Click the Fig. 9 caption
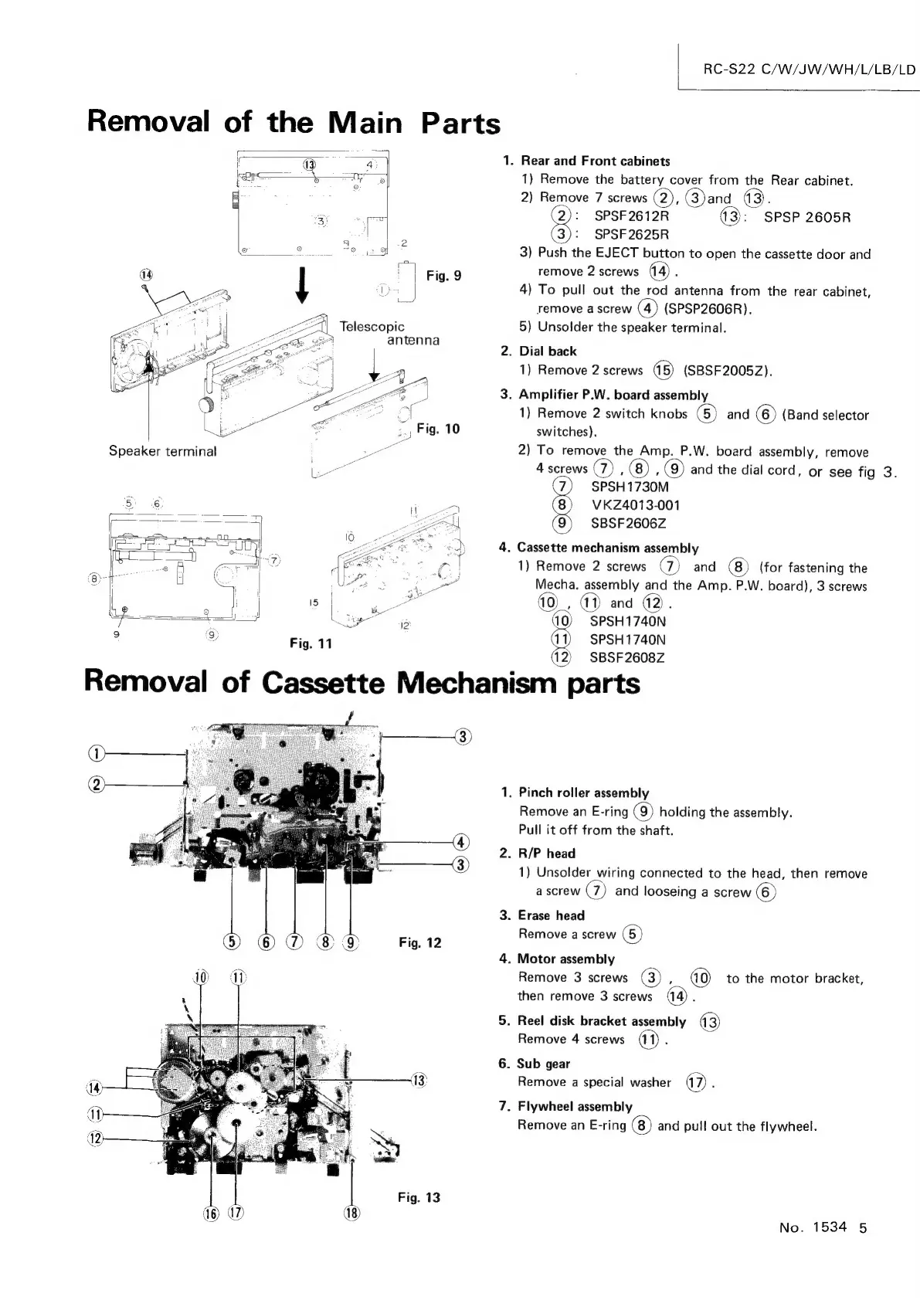coord(443,276)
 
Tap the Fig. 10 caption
coord(437,429)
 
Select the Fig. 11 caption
coord(311,643)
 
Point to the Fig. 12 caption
coord(419,942)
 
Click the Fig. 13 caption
coord(419,1197)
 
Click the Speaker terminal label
coord(162,451)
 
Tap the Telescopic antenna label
coord(389,333)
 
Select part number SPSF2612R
coord(631,216)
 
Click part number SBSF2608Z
coord(626,658)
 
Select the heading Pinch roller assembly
coord(583,793)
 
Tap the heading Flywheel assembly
coord(575,1106)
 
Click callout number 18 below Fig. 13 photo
coord(351,1213)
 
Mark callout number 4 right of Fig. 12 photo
coord(461,842)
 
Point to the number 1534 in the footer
coord(829,1227)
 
